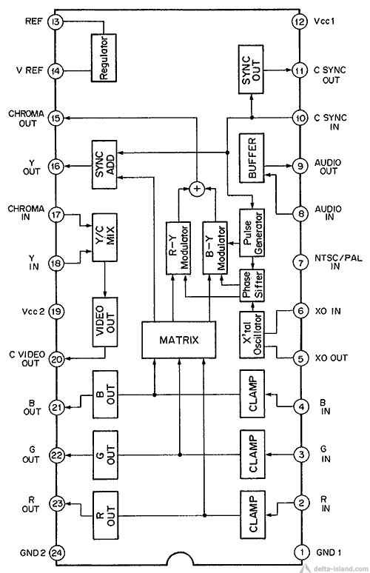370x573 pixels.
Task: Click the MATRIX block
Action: [178, 340]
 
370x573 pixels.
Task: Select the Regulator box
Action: [104, 57]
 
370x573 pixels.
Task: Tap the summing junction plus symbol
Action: [197, 189]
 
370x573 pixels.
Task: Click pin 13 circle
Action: [55, 22]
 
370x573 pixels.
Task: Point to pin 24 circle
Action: [57, 552]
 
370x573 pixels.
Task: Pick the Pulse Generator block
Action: [252, 232]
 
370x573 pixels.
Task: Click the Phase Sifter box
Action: [252, 286]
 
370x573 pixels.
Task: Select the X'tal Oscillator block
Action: [252, 335]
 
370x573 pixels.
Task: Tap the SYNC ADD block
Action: [104, 164]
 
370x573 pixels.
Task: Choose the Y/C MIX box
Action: [105, 238]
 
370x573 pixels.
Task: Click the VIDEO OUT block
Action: [105, 322]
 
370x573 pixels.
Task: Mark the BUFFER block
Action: [252, 158]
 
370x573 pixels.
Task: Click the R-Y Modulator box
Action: [178, 248]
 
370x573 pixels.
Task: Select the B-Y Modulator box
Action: [215, 248]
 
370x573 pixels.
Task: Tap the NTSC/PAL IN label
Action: [338, 262]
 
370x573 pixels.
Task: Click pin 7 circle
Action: [300, 263]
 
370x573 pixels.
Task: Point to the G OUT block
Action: [105, 455]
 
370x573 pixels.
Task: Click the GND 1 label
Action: [329, 552]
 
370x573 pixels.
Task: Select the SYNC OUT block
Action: [251, 70]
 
